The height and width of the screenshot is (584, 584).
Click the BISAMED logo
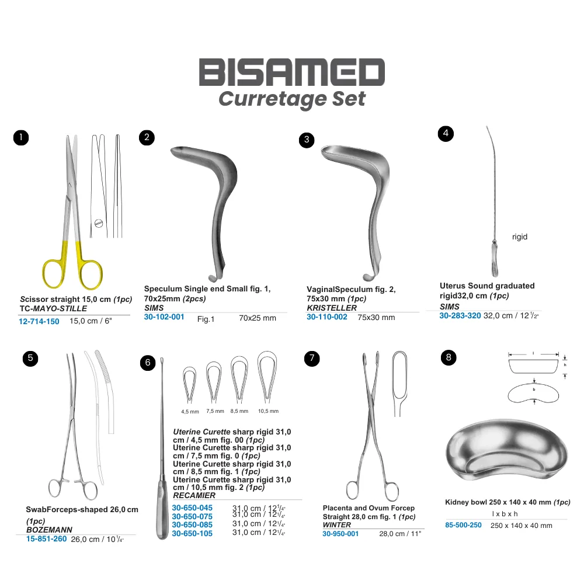(x=291, y=72)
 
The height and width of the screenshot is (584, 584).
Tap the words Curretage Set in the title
(x=291, y=99)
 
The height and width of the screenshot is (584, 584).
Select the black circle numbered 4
(x=446, y=134)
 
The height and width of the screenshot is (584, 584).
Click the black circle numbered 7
(x=312, y=359)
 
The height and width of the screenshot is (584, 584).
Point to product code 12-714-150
(x=39, y=321)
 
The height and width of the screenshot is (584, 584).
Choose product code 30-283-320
(x=460, y=316)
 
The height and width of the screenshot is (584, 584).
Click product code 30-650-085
(x=192, y=525)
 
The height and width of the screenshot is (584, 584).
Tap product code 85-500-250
(x=463, y=525)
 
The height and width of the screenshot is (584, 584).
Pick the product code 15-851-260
(x=46, y=539)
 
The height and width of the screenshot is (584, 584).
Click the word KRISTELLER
(x=332, y=308)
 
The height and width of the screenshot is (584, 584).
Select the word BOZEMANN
(x=49, y=530)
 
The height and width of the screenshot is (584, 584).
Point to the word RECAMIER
(x=194, y=495)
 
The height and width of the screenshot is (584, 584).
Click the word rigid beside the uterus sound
(x=520, y=237)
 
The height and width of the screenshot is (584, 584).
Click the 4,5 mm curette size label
(x=190, y=412)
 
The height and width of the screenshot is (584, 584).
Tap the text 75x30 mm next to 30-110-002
(x=376, y=318)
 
